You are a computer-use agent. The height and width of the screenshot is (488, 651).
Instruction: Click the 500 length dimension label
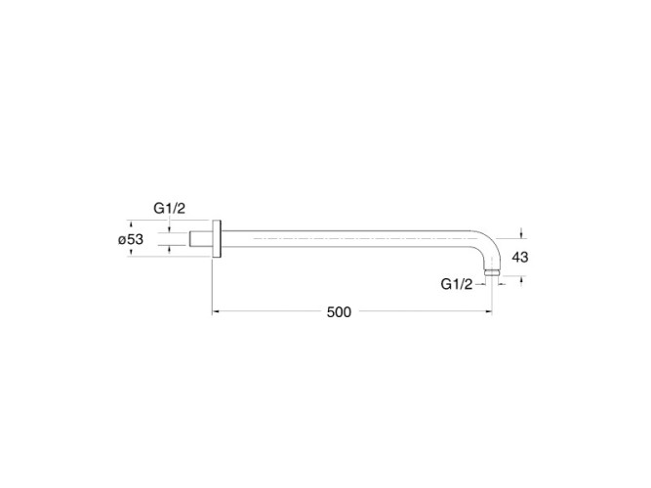[339, 312]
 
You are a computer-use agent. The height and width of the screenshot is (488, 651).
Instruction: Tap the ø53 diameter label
[131, 239]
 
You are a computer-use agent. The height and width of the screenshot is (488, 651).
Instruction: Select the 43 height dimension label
[520, 258]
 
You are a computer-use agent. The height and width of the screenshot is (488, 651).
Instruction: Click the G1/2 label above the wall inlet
[170, 208]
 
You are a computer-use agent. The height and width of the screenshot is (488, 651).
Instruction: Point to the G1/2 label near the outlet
[456, 284]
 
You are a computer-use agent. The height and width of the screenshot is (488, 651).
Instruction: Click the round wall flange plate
[217, 239]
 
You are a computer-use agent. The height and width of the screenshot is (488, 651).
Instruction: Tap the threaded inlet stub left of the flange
[201, 239]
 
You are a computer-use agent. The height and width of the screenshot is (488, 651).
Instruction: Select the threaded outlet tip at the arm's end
[493, 272]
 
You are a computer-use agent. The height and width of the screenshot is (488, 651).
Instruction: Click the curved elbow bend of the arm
[488, 244]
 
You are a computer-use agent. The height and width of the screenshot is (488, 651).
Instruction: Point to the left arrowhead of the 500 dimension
[215, 311]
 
